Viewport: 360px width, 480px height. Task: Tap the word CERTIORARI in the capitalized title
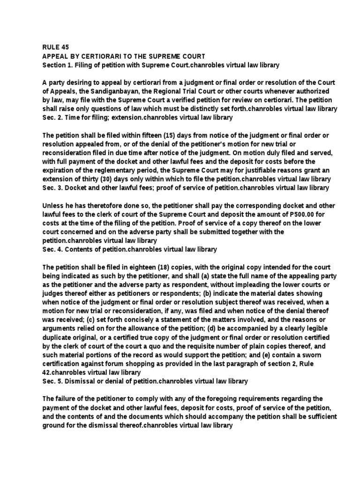(x=93, y=56)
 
